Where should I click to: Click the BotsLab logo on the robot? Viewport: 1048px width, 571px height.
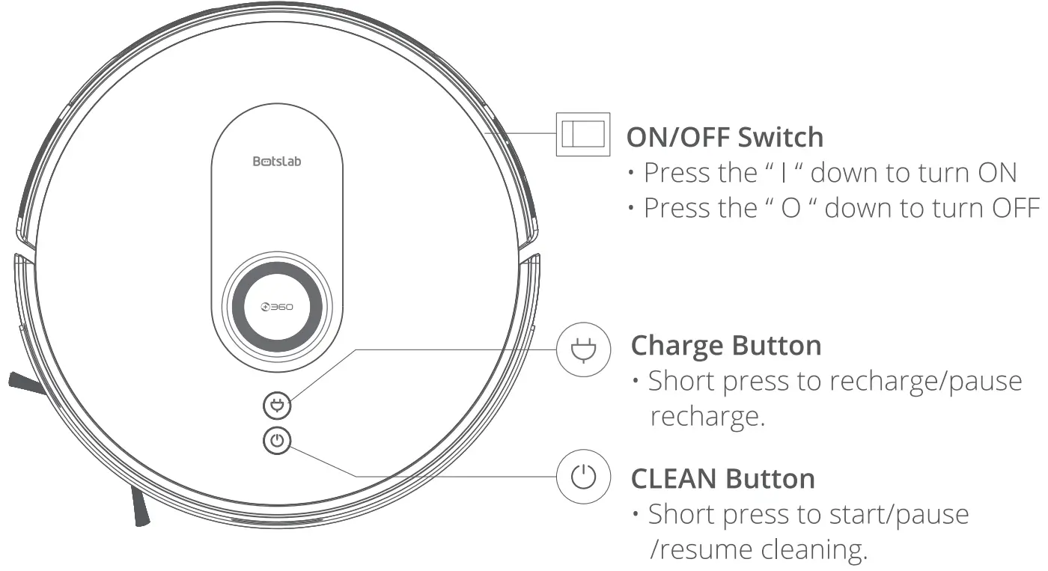point(277,161)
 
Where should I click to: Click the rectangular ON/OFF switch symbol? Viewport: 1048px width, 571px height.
point(583,135)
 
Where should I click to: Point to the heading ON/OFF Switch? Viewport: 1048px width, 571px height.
point(724,137)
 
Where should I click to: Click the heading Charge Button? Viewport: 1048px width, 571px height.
point(725,346)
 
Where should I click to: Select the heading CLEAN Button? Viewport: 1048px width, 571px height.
point(722,478)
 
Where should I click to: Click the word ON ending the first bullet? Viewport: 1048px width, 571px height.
point(996,173)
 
